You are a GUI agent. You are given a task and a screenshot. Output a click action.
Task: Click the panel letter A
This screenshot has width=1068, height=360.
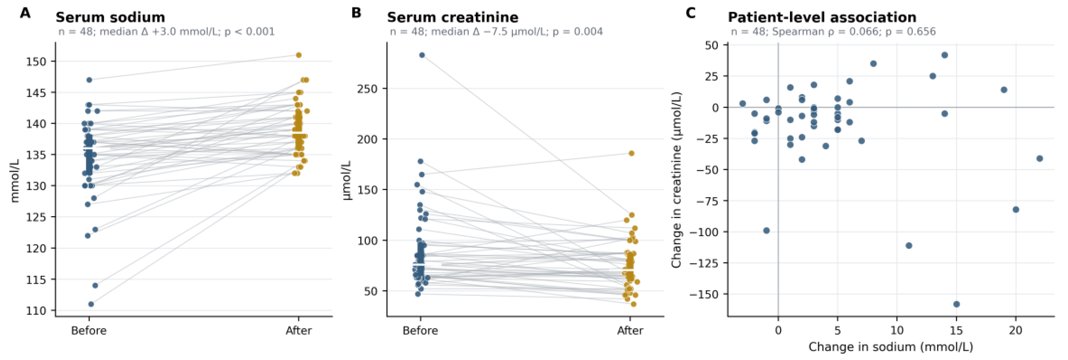(x=25, y=13)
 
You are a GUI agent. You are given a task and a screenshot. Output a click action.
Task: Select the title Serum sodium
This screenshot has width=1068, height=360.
(x=110, y=17)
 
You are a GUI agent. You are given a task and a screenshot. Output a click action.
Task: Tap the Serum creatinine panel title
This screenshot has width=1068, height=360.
(x=453, y=17)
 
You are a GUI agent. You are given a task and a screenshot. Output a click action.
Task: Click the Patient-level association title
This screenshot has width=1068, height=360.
(x=822, y=17)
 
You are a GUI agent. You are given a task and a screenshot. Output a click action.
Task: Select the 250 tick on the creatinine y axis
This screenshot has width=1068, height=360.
(x=367, y=89)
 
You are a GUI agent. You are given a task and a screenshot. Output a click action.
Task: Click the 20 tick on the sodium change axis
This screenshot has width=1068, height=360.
(x=1016, y=331)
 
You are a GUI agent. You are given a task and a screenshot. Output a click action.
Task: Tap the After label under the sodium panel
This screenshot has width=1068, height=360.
(x=298, y=331)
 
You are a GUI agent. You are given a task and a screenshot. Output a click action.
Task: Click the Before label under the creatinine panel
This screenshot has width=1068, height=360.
(x=421, y=331)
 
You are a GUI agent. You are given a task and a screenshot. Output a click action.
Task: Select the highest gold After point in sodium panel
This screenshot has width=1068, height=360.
(x=298, y=55)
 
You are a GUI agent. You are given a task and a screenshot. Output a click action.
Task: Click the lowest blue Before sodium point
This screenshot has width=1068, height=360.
(x=91, y=304)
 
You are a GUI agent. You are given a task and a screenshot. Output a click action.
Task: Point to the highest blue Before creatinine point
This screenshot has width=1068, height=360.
(x=422, y=55)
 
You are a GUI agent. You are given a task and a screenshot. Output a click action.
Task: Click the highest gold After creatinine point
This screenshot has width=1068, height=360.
(x=632, y=153)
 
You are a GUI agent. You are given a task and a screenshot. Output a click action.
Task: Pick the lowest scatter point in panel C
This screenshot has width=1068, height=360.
(x=956, y=304)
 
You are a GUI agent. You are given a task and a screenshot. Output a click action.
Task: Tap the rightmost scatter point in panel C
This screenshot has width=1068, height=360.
(x=1039, y=158)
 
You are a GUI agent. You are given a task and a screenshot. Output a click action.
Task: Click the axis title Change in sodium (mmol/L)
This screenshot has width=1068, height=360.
(x=891, y=347)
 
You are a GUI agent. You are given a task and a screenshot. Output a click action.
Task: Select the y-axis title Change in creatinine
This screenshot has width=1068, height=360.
(x=677, y=180)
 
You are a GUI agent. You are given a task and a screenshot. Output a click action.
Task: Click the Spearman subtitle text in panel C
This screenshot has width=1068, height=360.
(x=833, y=32)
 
